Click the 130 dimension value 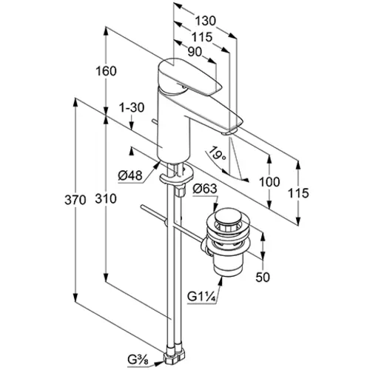(206, 21)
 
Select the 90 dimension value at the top (195, 52)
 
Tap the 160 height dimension (106, 71)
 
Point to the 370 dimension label (75, 200)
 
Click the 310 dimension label (106, 198)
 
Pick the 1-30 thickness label (132, 108)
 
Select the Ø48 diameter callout (130, 175)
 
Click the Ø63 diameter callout (205, 189)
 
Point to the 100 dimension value (269, 182)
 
